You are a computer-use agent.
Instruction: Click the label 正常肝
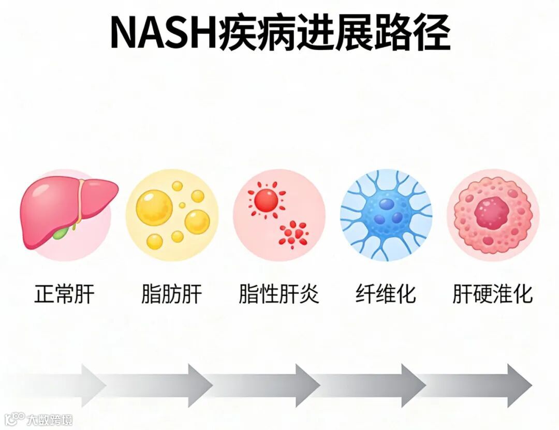(x=65, y=294)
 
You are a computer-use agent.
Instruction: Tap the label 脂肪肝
(x=171, y=294)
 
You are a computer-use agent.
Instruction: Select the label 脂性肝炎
(x=279, y=294)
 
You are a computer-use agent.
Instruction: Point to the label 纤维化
(x=386, y=294)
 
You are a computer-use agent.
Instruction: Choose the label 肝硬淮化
(x=492, y=294)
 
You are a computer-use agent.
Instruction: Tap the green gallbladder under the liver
(x=61, y=234)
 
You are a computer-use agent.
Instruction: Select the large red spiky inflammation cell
(x=266, y=200)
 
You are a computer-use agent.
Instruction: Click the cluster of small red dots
(x=293, y=233)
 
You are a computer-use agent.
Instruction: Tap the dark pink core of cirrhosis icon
(x=492, y=212)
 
